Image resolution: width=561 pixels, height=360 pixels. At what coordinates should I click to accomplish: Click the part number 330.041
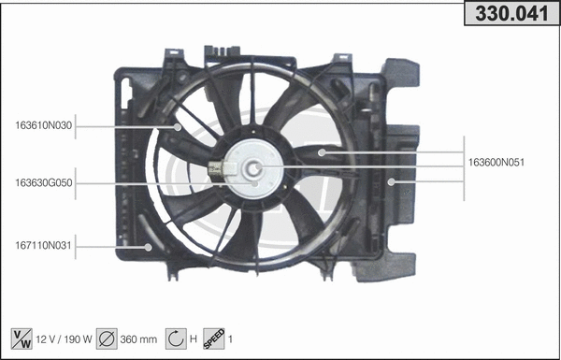click(x=511, y=15)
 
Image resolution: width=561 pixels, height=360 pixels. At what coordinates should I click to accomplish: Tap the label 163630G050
click(x=43, y=183)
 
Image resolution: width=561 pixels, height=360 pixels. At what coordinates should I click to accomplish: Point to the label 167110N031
click(x=43, y=246)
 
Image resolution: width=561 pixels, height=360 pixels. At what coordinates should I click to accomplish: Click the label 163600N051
click(x=496, y=162)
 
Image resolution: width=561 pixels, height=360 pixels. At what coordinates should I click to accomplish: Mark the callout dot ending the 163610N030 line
click(x=178, y=125)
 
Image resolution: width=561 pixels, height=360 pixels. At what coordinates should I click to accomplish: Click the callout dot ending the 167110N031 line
click(x=149, y=247)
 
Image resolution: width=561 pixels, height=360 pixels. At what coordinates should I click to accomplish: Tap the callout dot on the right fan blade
click(x=321, y=151)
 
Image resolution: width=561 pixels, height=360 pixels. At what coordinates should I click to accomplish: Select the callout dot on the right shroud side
click(x=392, y=181)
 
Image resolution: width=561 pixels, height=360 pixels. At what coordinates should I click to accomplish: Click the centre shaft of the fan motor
click(x=253, y=169)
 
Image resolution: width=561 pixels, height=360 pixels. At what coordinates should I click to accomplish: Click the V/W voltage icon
click(x=20, y=338)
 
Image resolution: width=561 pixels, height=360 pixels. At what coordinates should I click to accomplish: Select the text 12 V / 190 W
click(x=64, y=338)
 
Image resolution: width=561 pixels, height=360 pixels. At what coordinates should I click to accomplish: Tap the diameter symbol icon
click(x=107, y=338)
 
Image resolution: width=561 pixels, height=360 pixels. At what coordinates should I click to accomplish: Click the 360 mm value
click(x=137, y=338)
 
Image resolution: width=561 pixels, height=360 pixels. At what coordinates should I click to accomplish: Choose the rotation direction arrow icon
click(x=174, y=338)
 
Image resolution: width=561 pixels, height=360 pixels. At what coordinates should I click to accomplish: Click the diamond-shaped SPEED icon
click(x=214, y=338)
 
